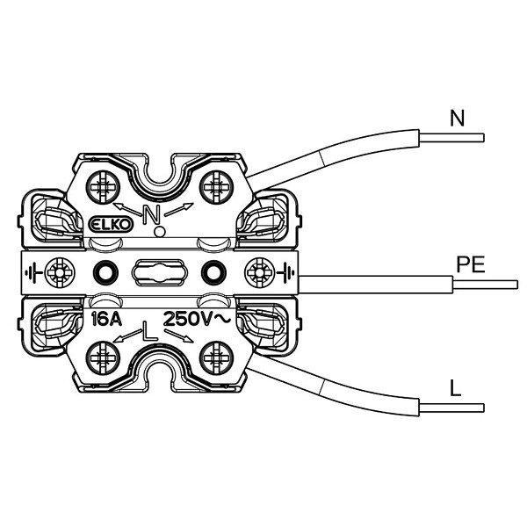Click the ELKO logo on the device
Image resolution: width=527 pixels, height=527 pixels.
[112, 226]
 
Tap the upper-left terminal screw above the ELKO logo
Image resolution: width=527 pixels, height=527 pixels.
[104, 185]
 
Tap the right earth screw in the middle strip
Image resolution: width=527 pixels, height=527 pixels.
[259, 272]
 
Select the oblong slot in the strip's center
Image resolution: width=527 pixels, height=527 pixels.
[159, 272]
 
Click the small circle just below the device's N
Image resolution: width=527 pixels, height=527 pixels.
[159, 231]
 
